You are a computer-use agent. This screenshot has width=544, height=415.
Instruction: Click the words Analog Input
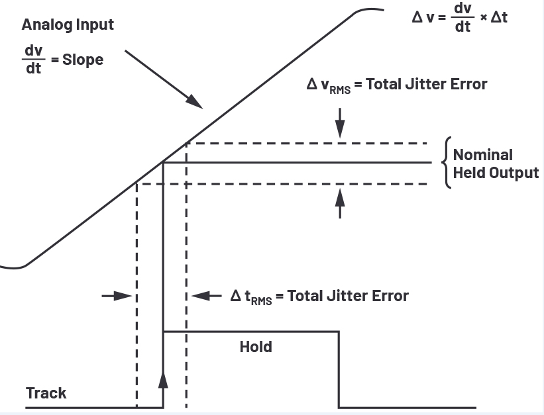68,25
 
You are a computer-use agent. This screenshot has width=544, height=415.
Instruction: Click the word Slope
83,60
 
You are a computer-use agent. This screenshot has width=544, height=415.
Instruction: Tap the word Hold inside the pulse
256,346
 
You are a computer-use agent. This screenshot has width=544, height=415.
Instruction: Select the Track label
46,393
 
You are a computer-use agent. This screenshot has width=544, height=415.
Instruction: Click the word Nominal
483,155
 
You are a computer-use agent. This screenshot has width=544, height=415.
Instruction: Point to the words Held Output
496,173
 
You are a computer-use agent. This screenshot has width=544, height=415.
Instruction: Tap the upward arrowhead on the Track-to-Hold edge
163,378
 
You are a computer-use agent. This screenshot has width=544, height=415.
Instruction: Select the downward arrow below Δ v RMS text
341,126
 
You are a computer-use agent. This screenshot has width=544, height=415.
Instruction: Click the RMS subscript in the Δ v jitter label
340,89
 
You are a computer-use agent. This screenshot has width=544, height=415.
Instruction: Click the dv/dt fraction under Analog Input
34,60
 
